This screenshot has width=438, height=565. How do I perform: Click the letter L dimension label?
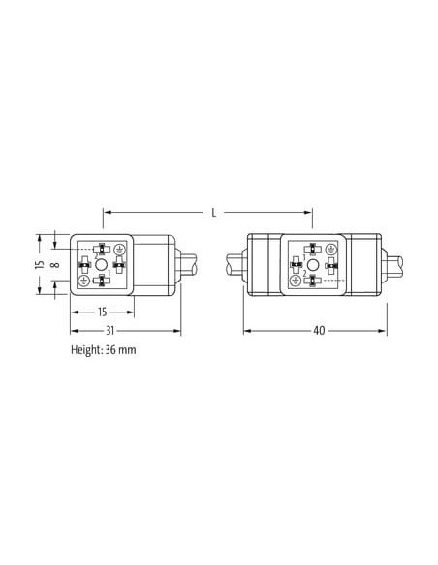(x=214, y=213)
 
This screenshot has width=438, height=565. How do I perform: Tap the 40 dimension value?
(x=319, y=331)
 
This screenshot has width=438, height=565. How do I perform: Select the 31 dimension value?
(x=110, y=331)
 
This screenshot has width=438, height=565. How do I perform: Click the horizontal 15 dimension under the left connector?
(x=103, y=312)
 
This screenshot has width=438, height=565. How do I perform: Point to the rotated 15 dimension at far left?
(x=41, y=264)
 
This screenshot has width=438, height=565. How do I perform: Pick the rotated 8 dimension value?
(x=55, y=265)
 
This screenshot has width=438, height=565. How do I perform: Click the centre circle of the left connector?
(x=102, y=265)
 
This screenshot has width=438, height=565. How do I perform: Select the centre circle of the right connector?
(x=313, y=265)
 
